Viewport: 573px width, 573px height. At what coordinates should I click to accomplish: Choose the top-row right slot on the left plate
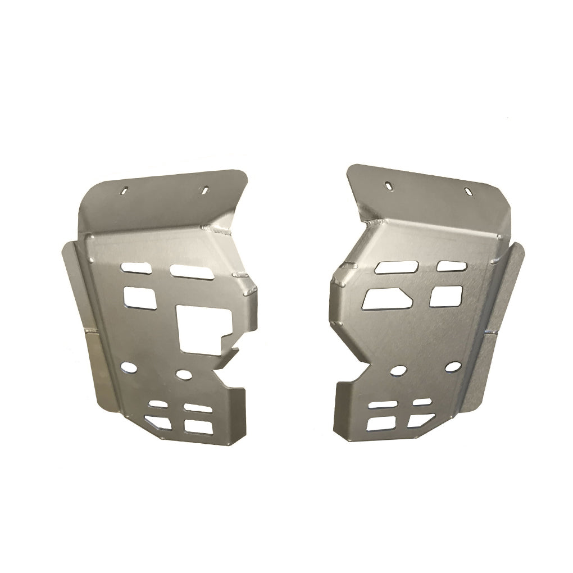click(191, 271)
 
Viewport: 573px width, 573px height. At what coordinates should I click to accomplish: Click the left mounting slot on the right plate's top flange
click(389, 184)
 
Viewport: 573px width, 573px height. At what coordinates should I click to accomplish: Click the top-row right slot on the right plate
click(451, 266)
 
